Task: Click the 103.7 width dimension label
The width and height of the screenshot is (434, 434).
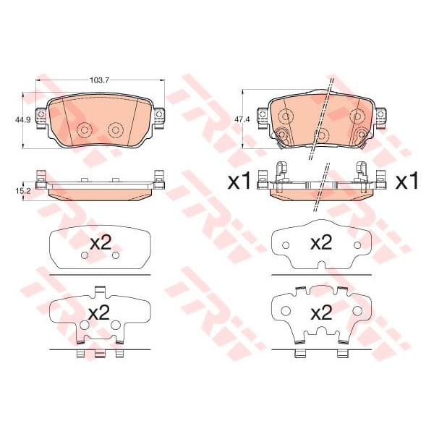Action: coord(100,80)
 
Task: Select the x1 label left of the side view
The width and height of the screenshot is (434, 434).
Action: coord(239,181)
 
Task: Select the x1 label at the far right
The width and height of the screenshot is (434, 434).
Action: coord(407,181)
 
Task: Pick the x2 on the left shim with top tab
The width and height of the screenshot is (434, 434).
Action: coord(99,312)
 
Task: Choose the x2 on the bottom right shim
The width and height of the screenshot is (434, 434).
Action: coord(321,312)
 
